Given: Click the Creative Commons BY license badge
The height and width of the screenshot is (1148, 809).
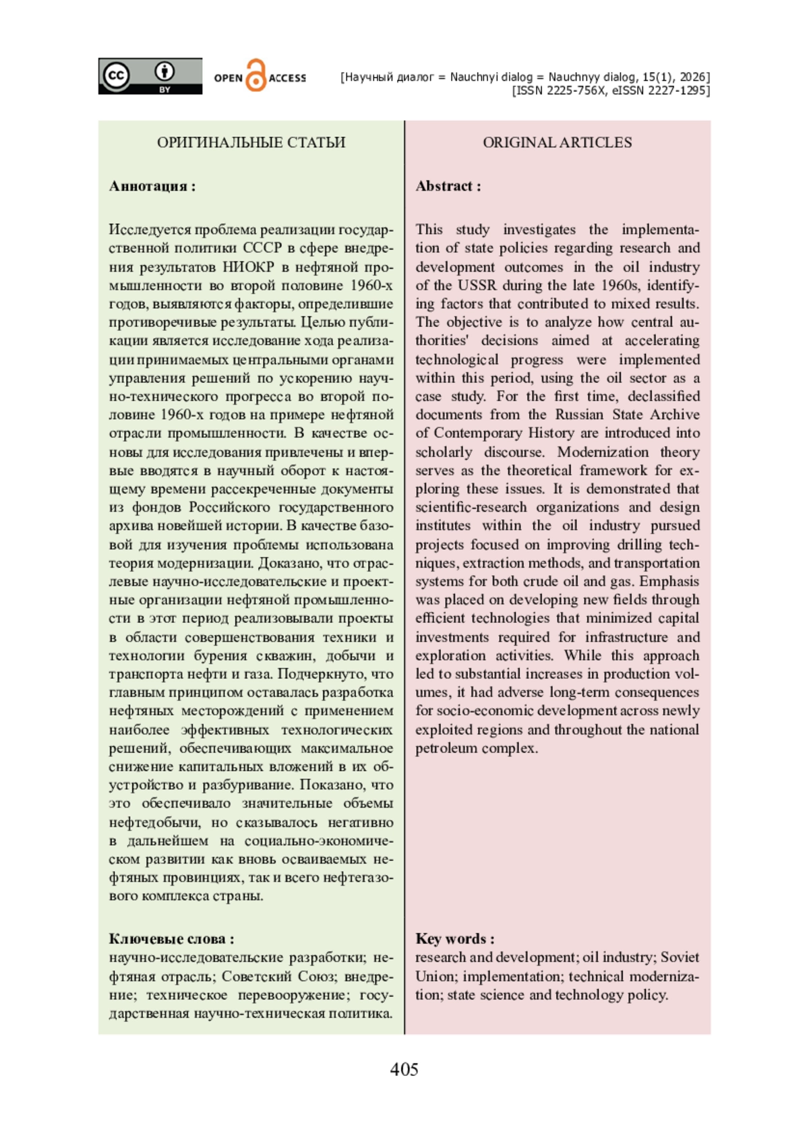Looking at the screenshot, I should click(x=150, y=76).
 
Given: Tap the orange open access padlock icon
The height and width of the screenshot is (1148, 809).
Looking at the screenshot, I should click(x=256, y=75).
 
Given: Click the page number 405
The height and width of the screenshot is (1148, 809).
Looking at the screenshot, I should click(x=404, y=1069).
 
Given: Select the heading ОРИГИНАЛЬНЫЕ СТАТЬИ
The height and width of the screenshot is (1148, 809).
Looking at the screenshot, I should click(x=251, y=142).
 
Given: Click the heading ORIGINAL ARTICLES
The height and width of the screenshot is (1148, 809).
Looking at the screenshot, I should click(x=557, y=142).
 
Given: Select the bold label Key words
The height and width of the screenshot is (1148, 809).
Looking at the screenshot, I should click(x=450, y=938).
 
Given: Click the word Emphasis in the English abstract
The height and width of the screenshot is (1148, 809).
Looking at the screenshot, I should click(x=669, y=581).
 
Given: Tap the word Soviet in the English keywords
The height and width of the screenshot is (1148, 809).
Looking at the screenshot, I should click(x=680, y=957).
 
